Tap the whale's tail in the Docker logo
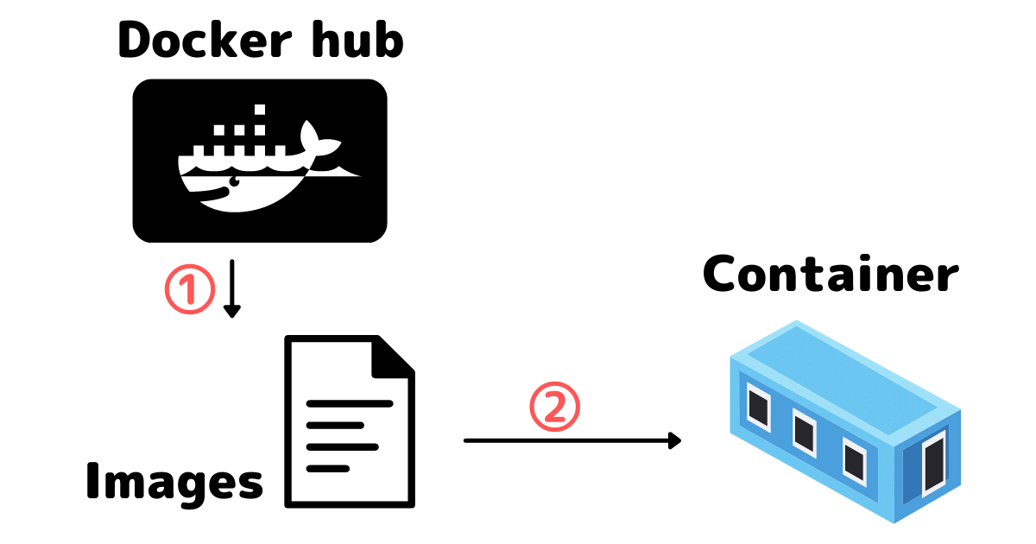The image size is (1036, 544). [x=312, y=136]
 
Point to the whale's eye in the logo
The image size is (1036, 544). [x=231, y=183]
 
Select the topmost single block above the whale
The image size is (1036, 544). [x=256, y=110]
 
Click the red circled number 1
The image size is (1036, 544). [x=188, y=291]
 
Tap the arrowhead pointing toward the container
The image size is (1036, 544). [x=674, y=440]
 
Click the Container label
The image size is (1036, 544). [x=831, y=275]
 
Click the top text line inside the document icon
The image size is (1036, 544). [x=350, y=403]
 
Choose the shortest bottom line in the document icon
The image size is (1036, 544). [x=328, y=468]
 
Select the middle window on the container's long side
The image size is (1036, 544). [x=805, y=431]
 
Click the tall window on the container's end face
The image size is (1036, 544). [x=933, y=466]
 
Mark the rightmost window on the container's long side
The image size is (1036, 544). [x=854, y=459]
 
